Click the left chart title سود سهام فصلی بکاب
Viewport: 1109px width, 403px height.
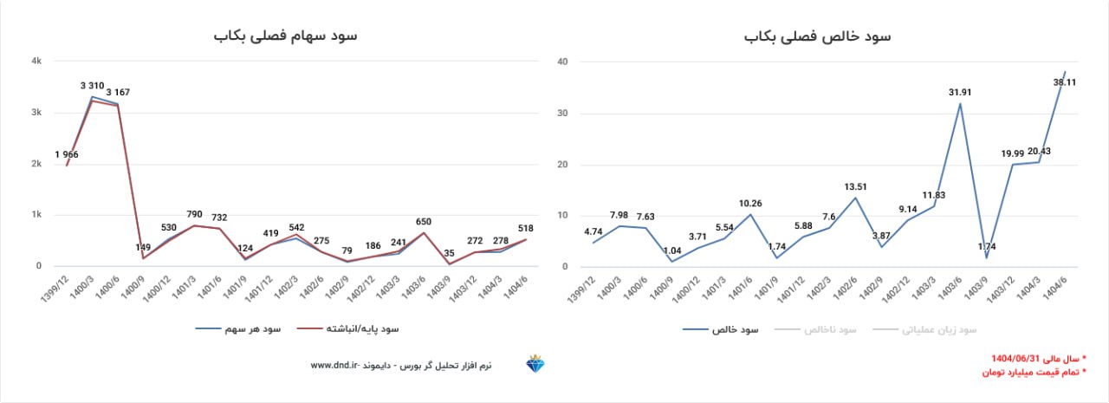285,36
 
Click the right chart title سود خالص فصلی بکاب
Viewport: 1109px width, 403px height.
818,36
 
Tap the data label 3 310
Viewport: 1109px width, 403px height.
93,85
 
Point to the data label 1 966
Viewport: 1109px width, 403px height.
68,154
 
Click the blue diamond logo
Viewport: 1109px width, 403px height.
535,365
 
